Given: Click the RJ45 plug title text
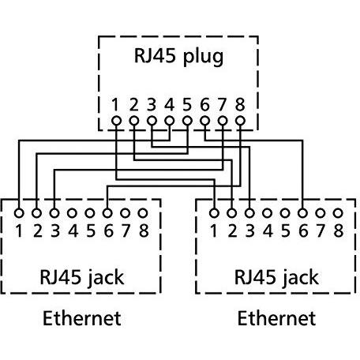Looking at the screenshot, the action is click(178, 56).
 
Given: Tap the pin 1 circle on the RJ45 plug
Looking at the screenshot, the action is click(116, 121).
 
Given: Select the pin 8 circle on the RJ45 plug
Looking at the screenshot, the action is click(240, 121).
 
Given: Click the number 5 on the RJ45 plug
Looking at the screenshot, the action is click(187, 104).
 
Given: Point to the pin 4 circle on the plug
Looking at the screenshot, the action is click(170, 121).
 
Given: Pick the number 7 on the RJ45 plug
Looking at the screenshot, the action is click(223, 104).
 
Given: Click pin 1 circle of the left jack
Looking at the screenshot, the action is click(19, 213).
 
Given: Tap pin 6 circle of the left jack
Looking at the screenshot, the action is click(107, 213).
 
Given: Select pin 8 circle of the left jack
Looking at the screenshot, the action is click(143, 213).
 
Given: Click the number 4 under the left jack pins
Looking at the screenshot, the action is click(73, 231).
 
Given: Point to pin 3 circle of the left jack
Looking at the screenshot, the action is click(54, 213).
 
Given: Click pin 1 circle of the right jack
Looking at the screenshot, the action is click(214, 213).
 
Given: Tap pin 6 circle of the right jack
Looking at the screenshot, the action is click(302, 213).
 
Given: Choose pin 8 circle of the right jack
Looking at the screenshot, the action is click(338, 213).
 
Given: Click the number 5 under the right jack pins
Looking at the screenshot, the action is click(285, 231).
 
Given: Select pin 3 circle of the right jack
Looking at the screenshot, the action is click(249, 213).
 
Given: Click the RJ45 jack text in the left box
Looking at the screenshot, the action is click(82, 278).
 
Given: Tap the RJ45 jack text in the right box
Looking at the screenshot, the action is click(276, 278).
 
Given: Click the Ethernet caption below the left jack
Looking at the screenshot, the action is click(82, 318).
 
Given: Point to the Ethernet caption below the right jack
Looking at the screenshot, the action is click(276, 318).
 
